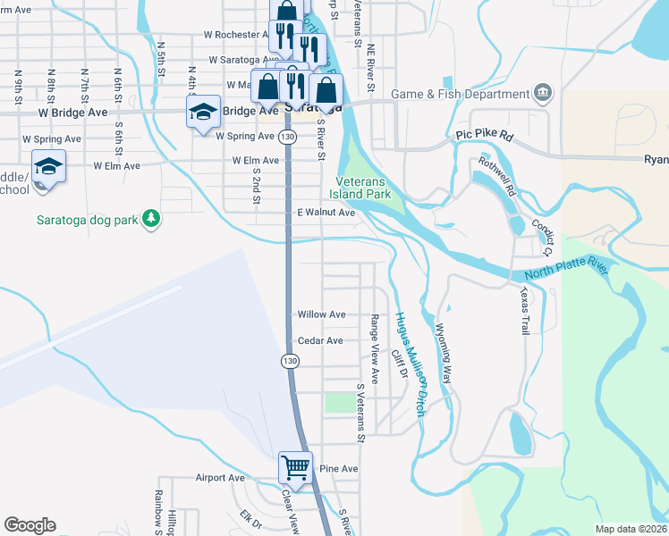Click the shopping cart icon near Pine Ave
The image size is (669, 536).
pos(295,466)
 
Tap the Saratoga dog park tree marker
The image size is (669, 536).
pos(151,219)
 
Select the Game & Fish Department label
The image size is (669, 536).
pos(459,94)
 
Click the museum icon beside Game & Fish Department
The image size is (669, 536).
pos(543,93)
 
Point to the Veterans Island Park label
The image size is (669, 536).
pos(360,187)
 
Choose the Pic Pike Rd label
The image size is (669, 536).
pos(484,136)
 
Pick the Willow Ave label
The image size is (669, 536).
pos(322,314)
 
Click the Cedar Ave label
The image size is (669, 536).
pos(320,340)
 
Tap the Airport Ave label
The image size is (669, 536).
pos(220,478)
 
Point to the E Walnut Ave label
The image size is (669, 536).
pos(326,213)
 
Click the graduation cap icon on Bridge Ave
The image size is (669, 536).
pos(202,112)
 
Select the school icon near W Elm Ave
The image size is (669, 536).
pos(48,167)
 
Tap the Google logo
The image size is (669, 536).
pos(30,525)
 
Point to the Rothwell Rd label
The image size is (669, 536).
pos(496,176)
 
